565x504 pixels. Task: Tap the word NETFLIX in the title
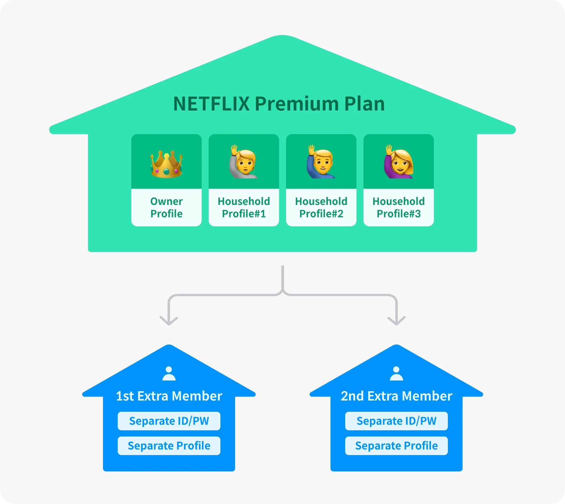(211, 104)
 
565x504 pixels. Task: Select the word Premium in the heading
(297, 104)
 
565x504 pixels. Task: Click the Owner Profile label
(167, 207)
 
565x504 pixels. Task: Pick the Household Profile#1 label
(244, 207)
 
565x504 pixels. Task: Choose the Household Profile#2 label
(321, 207)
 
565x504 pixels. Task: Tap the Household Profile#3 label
(399, 207)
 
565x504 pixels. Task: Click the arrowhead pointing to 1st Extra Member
(169, 321)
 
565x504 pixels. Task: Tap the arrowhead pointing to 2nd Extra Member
(396, 321)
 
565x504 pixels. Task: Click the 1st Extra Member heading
(169, 396)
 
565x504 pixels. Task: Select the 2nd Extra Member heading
(396, 396)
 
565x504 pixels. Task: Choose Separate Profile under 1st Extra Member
(169, 446)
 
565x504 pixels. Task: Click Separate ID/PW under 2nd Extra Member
(396, 421)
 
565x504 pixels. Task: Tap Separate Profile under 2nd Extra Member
(396, 446)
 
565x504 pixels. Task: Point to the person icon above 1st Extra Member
(169, 374)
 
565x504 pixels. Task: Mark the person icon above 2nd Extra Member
(396, 374)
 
